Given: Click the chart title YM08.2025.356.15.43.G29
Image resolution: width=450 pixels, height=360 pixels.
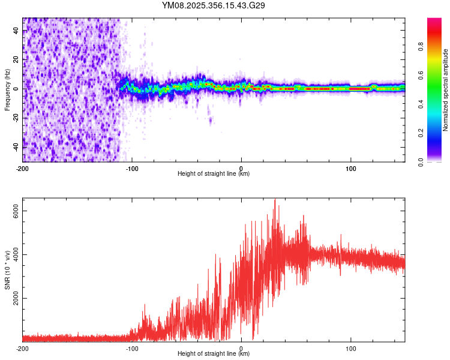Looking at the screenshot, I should click(x=214, y=5).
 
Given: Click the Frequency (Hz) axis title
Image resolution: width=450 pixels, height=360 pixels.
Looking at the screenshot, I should click(x=7, y=89).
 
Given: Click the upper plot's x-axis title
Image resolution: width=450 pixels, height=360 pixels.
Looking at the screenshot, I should click(x=214, y=174).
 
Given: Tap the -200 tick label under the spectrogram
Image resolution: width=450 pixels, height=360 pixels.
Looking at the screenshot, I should click(x=23, y=167).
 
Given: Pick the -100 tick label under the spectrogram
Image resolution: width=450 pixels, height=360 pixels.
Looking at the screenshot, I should click(x=132, y=167).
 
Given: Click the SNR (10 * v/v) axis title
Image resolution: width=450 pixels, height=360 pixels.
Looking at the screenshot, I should click(x=7, y=269).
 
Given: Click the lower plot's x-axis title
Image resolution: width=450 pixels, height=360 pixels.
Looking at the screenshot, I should click(x=214, y=354).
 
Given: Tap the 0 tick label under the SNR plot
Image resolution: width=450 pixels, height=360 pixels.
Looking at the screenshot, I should click(x=241, y=347).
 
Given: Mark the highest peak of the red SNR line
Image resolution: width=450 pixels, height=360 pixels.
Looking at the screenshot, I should click(x=275, y=199).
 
